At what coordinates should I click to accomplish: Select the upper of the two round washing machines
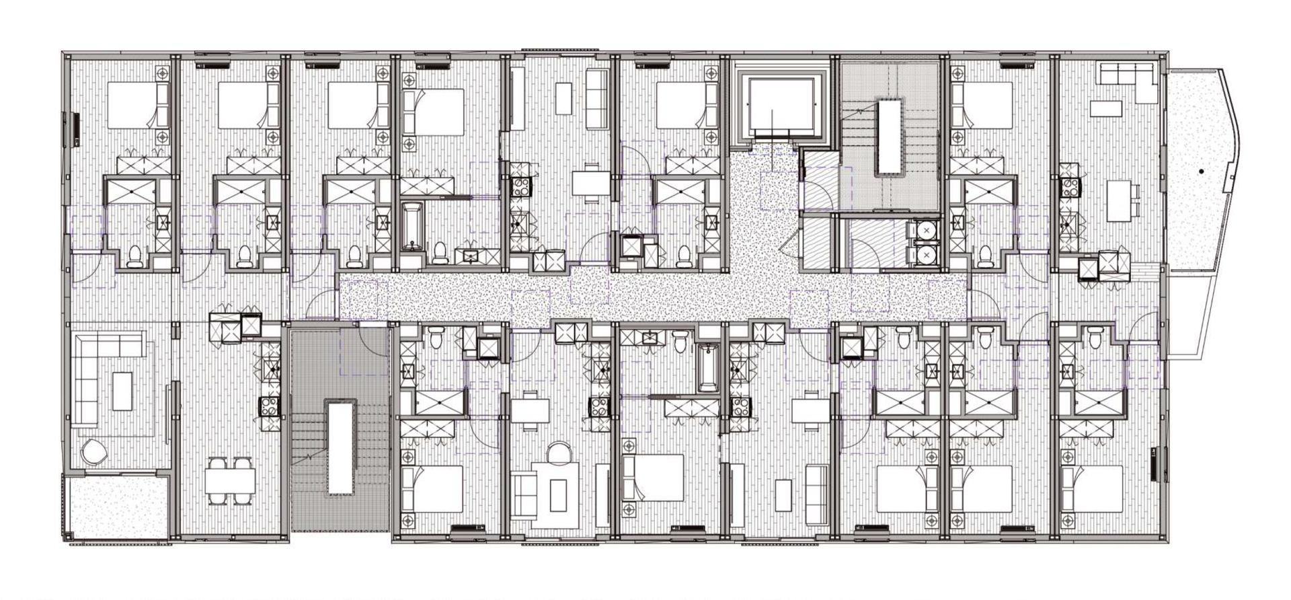(927, 231)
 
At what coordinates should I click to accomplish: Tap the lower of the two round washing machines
(927, 255)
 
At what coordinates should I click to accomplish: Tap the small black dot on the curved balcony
(1201, 172)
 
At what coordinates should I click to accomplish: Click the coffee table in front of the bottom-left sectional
(122, 391)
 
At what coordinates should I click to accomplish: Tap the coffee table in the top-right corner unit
(1106, 108)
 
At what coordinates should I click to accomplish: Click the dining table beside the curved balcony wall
(1119, 200)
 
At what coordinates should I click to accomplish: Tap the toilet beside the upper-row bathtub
(440, 251)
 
